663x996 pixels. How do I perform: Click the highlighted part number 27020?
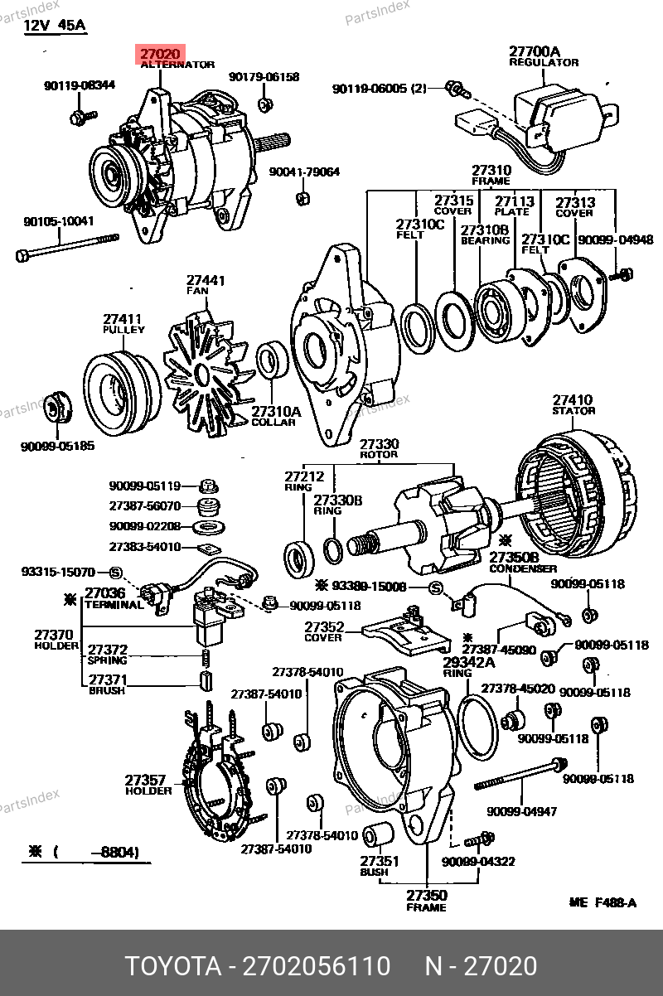pyautogui.click(x=160, y=54)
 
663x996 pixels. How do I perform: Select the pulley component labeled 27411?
pyautogui.click(x=122, y=393)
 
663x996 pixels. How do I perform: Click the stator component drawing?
pyautogui.click(x=577, y=493)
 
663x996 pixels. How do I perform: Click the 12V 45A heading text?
pyautogui.click(x=54, y=26)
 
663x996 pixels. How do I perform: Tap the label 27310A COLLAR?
pyautogui.click(x=276, y=416)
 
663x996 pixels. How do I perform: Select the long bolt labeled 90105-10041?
pyautogui.click(x=68, y=247)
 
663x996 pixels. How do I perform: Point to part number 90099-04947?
pyautogui.click(x=521, y=811)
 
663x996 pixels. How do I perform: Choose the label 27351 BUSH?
pyautogui.click(x=380, y=866)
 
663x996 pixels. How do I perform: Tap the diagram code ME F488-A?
pyautogui.click(x=603, y=902)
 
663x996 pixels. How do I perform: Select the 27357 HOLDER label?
pyautogui.click(x=148, y=785)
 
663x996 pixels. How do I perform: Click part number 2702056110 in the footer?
pyautogui.click(x=316, y=966)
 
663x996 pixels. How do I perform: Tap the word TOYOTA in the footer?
pyautogui.click(x=174, y=966)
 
